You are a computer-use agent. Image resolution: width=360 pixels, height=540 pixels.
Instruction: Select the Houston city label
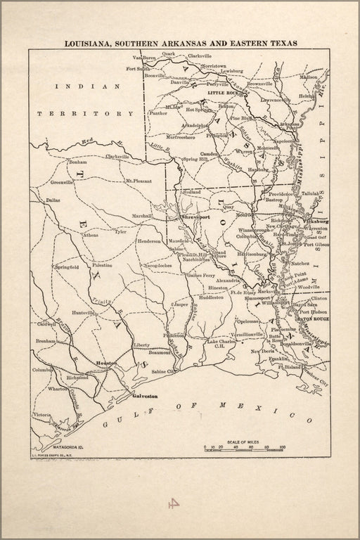click(x=107, y=363)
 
